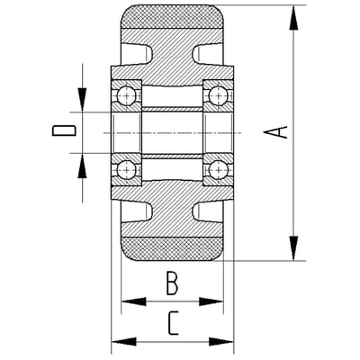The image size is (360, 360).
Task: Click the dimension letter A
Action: pyautogui.click(x=275, y=132)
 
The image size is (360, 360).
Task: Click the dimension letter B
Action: pyautogui.click(x=172, y=283)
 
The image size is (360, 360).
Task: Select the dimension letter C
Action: pyautogui.click(x=173, y=323)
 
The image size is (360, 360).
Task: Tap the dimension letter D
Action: pyautogui.click(x=64, y=130)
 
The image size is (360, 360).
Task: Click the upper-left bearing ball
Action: pyautogui.click(x=127, y=96)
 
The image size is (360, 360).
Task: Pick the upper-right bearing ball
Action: pyautogui.click(x=219, y=96)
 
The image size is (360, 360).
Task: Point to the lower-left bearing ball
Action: pyautogui.click(x=127, y=170)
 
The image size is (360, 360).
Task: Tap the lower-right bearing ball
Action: pyautogui.click(x=219, y=170)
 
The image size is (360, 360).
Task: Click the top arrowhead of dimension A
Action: pyautogui.click(x=293, y=17)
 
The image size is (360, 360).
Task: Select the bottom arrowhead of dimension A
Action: pyautogui.click(x=293, y=248)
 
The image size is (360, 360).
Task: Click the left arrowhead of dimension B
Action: pyautogui.click(x=134, y=301)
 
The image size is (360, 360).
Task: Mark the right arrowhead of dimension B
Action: pyautogui.click(x=211, y=301)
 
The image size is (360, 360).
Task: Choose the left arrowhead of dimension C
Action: pyautogui.click(x=124, y=341)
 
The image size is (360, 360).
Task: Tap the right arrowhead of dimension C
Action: pyautogui.click(x=221, y=341)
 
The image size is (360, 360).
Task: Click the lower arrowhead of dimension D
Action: pyautogui.click(x=82, y=166)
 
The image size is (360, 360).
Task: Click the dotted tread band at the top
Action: pyautogui.click(x=172, y=17)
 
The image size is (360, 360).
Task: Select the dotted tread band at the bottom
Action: pyautogui.click(x=172, y=248)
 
